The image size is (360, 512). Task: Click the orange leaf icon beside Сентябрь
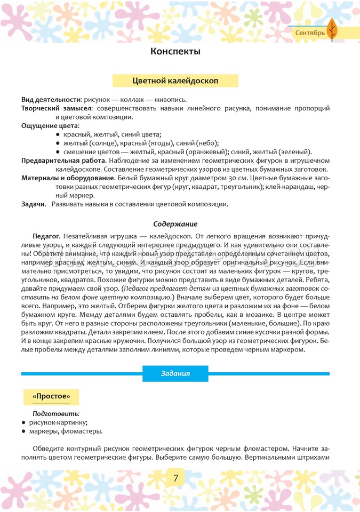pos(332,30)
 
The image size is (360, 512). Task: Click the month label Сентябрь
pos(310,34)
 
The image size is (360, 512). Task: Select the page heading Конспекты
pos(175,52)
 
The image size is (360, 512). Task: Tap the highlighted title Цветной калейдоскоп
pos(175,80)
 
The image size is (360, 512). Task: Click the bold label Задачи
pos(33,204)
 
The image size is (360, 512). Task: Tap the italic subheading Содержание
pos(175,224)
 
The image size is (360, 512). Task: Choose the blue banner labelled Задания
pos(175,373)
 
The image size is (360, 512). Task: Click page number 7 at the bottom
pos(175,477)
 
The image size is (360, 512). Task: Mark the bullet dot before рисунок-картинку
pos(23,422)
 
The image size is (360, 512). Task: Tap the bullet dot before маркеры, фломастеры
pos(23,431)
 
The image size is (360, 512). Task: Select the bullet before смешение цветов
pos(58,152)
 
